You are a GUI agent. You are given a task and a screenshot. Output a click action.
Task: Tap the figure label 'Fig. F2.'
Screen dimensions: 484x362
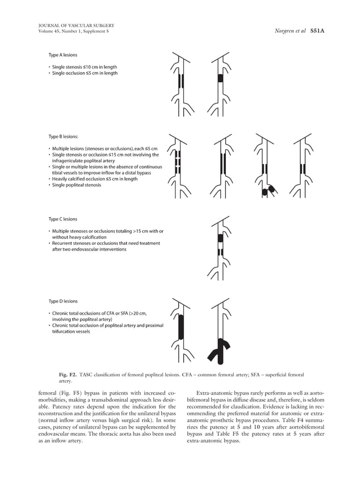[70, 375]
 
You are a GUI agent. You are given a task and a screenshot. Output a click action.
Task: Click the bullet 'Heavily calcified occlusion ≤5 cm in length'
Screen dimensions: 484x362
[94, 179]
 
